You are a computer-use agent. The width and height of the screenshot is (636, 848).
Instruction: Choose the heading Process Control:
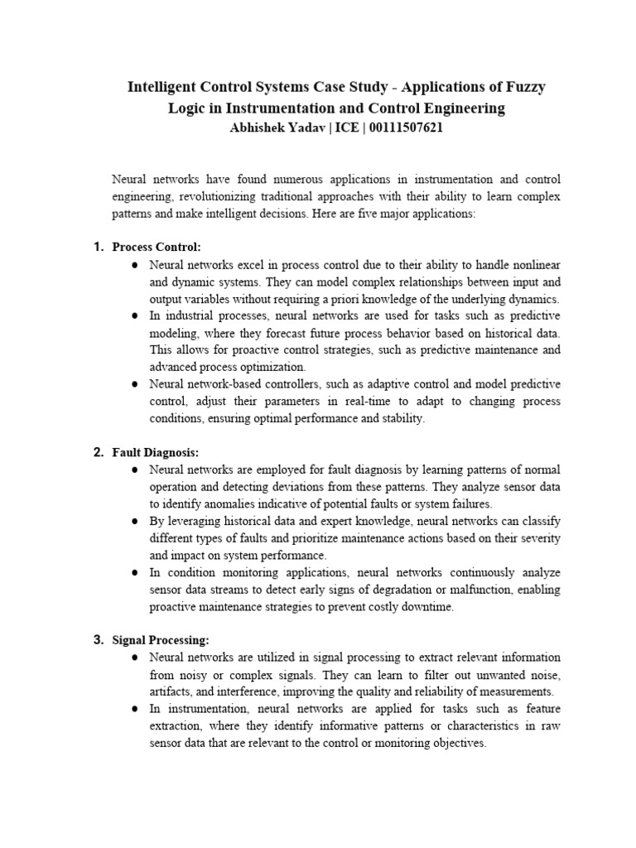[x=157, y=247]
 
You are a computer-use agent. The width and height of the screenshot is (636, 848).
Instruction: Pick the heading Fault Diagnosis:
[x=156, y=452]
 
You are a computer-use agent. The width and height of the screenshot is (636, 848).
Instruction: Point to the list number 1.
[x=98, y=247]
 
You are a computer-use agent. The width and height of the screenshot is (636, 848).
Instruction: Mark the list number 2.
[x=98, y=452]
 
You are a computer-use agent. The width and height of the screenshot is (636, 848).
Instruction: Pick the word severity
[x=538, y=538]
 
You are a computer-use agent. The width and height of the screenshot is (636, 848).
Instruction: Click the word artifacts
[x=171, y=691]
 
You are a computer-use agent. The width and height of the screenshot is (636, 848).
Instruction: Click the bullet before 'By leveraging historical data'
[x=134, y=522]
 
